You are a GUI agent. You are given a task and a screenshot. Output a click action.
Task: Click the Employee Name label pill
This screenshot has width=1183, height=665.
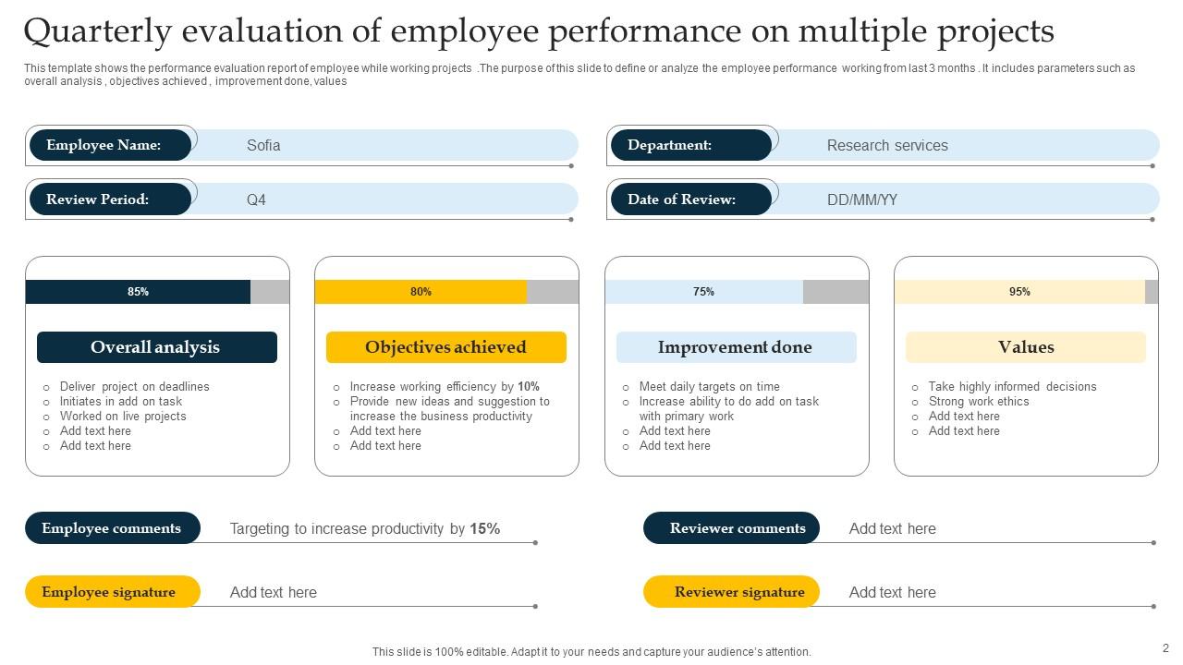point(110,145)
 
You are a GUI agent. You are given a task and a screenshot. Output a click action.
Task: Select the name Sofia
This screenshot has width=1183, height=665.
point(263,145)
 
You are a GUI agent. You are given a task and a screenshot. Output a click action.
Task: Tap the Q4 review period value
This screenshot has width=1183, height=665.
point(256,199)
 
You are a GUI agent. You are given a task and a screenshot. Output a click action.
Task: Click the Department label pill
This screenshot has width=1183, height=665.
point(690,145)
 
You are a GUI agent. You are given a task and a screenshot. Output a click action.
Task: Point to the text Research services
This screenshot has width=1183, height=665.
point(887,145)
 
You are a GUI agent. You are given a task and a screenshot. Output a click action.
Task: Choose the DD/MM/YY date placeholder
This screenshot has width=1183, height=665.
point(861,199)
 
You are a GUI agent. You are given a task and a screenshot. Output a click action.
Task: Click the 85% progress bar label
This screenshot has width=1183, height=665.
point(138,292)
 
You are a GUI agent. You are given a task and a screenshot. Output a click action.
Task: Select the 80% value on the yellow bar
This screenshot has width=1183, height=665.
point(421,292)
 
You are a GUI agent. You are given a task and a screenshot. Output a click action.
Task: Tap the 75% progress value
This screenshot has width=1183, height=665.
point(703,292)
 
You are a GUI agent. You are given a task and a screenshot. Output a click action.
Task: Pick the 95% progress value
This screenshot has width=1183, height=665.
point(1019,292)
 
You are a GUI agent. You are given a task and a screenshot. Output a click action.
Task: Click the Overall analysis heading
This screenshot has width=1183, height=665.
point(156,347)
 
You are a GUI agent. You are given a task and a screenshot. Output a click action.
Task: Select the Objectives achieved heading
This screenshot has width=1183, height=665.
point(445,347)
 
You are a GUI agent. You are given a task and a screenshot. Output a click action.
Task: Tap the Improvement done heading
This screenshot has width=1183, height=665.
point(736,347)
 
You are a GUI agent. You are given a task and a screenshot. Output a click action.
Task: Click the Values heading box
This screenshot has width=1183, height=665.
point(1026,347)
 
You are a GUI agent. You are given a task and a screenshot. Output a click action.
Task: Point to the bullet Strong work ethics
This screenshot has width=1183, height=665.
point(979,402)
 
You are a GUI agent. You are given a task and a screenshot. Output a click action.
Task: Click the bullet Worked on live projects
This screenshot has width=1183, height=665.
point(123,417)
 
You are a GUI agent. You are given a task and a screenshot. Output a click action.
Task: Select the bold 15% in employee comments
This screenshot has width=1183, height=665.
point(485,529)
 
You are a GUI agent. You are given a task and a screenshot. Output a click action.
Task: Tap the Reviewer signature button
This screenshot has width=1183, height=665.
point(731,592)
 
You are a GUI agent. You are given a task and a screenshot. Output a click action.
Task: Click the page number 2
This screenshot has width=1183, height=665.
point(1165,648)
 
